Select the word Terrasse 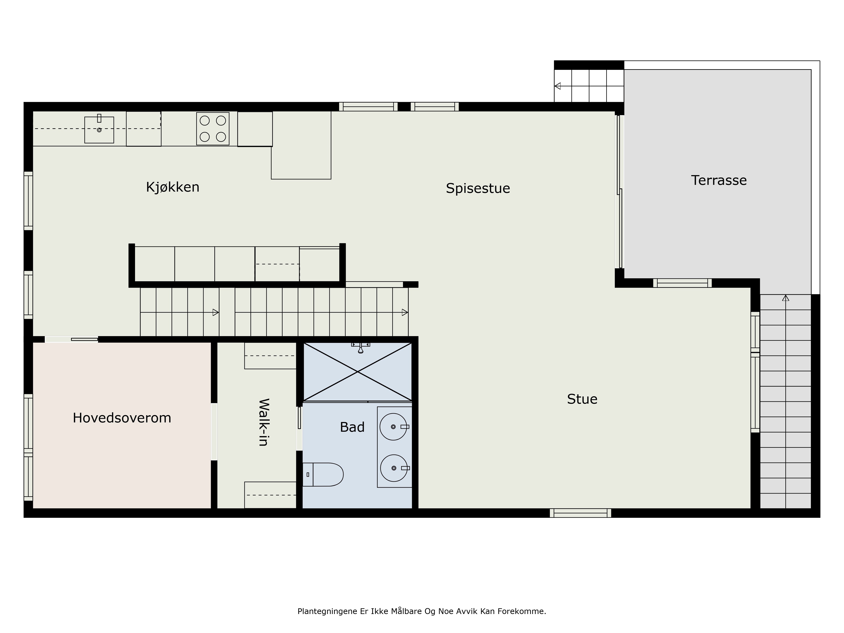click(x=719, y=180)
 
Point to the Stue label click(x=582, y=399)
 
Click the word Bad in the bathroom click(x=352, y=427)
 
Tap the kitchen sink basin click(x=99, y=130)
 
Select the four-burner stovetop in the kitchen click(x=213, y=128)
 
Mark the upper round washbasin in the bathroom click(x=393, y=427)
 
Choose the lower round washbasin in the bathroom click(x=394, y=468)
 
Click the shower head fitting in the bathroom click(x=361, y=348)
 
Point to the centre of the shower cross click(x=357, y=371)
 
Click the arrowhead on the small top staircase click(x=557, y=86)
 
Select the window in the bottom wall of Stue click(x=580, y=513)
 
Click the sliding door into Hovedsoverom click(x=71, y=339)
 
